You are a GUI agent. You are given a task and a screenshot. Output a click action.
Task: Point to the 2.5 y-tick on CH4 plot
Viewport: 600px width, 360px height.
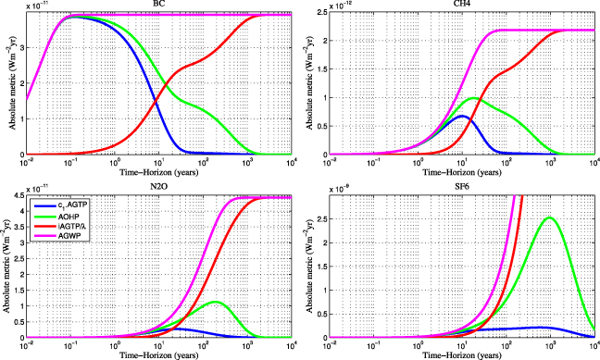319,13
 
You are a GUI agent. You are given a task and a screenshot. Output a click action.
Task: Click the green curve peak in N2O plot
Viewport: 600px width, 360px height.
215,302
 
